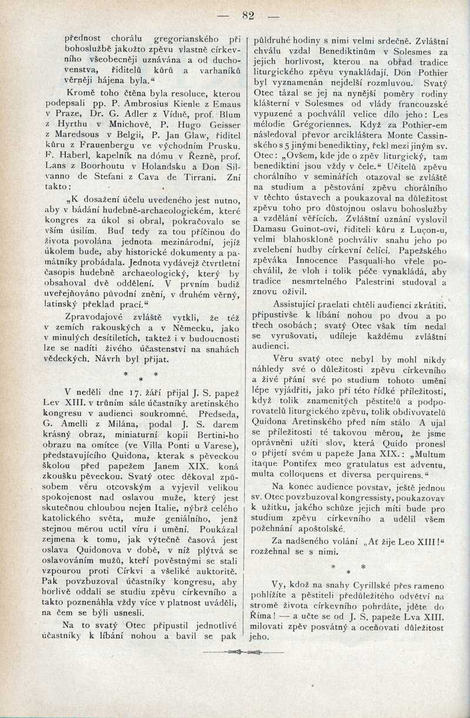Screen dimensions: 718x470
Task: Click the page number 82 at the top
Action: point(248,16)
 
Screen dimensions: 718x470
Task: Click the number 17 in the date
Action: point(122,390)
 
